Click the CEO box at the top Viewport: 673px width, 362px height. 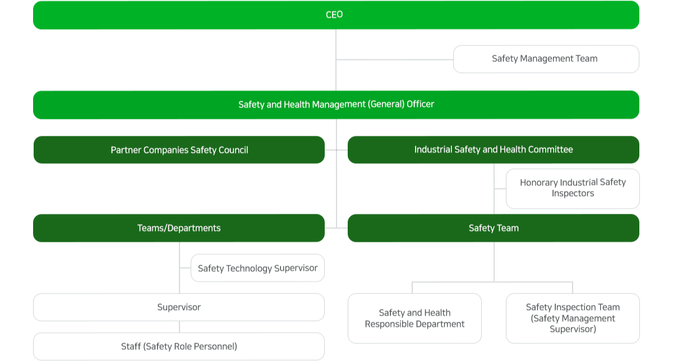[335, 15]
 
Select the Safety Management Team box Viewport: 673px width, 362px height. [545, 59]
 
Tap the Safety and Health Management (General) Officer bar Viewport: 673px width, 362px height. [335, 104]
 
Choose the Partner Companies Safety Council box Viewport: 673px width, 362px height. [179, 150]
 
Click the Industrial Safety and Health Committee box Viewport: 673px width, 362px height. [493, 150]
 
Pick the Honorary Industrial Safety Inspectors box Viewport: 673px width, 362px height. [572, 188]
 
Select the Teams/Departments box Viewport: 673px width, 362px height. [179, 228]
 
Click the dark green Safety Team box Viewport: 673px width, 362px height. [493, 228]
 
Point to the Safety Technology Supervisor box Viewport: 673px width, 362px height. [257, 268]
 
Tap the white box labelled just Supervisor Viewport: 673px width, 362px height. [179, 307]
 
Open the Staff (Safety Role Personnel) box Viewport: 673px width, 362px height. [179, 346]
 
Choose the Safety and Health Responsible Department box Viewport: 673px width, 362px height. [414, 318]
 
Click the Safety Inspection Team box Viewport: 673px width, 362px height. [572, 318]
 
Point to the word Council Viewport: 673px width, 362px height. [232, 150]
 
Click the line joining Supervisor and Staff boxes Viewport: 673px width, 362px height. [179, 327]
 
